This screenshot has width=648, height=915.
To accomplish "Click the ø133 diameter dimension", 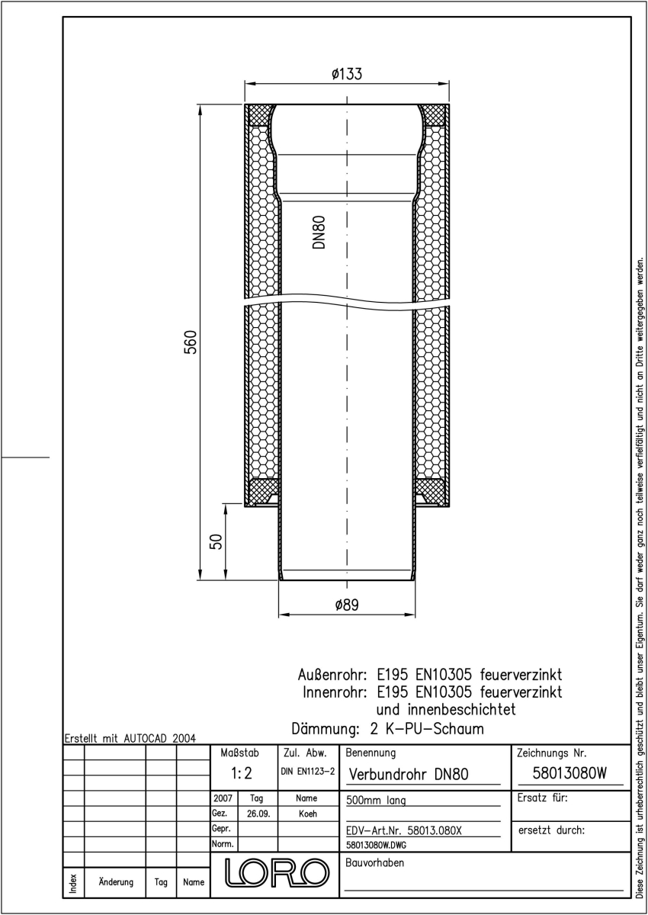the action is pos(347,74).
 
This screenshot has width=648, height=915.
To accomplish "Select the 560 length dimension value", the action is pos(191,342).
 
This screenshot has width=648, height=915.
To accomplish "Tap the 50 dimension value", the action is pos(216,541).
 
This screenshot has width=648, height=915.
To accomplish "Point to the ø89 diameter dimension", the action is pos(347,605).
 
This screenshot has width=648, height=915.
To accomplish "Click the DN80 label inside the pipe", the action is pos(319,232).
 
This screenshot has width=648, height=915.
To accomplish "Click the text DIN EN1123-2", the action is pos(307,771).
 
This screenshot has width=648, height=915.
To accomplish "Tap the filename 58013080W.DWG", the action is pos(376,845).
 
